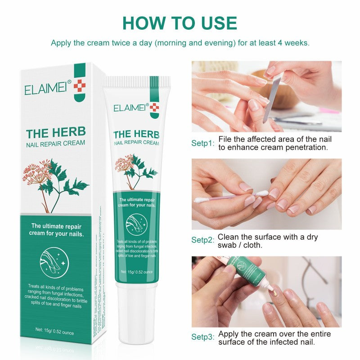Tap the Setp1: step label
click(x=202, y=143)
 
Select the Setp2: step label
click(x=202, y=240)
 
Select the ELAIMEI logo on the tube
click(x=129, y=108)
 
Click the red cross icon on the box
click(x=79, y=85)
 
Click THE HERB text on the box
click(x=56, y=133)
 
